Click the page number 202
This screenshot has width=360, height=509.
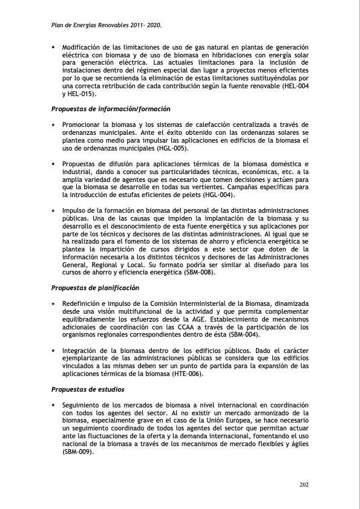coord(304,484)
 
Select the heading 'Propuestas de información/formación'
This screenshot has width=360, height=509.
coord(110,109)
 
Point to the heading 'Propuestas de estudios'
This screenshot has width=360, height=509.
coord(88,389)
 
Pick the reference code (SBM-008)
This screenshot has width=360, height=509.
coord(197,272)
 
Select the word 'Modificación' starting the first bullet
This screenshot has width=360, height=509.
coord(83,47)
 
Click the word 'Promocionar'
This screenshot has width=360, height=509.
coord(83,125)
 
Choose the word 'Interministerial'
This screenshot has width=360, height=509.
coord(217,303)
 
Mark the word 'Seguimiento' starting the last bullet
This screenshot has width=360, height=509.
coord(83,404)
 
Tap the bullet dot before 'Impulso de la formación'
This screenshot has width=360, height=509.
coord(53,210)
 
